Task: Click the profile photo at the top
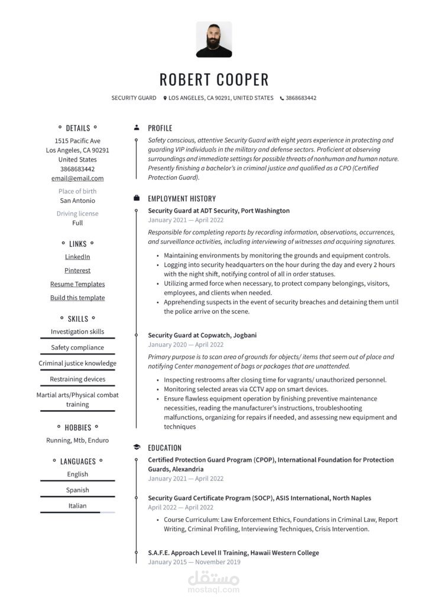214,40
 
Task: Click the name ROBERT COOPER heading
214,79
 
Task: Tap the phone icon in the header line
282,98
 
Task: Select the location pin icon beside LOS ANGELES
165,98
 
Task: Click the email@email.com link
77,178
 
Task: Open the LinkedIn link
77,257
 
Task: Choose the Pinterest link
77,270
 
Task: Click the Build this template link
77,298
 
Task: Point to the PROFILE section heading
160,128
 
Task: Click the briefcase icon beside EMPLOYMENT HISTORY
137,198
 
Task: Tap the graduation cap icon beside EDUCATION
137,447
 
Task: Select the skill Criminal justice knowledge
77,363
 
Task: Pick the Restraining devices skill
77,379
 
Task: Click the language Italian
77,506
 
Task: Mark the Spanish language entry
77,490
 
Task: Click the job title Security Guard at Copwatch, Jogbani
202,336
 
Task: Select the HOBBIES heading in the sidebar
78,427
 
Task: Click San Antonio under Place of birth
77,201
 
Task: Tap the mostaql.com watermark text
213,589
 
